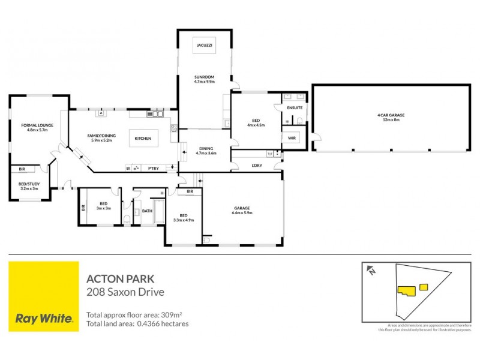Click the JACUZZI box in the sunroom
coord(203,46)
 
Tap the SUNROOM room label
coord(204,76)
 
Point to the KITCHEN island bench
coord(143,139)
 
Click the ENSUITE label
coord(295,107)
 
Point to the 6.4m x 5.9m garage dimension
coord(242,213)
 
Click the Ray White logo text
coord(44,318)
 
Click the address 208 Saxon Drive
coord(125,292)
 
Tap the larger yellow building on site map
coord(406,290)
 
